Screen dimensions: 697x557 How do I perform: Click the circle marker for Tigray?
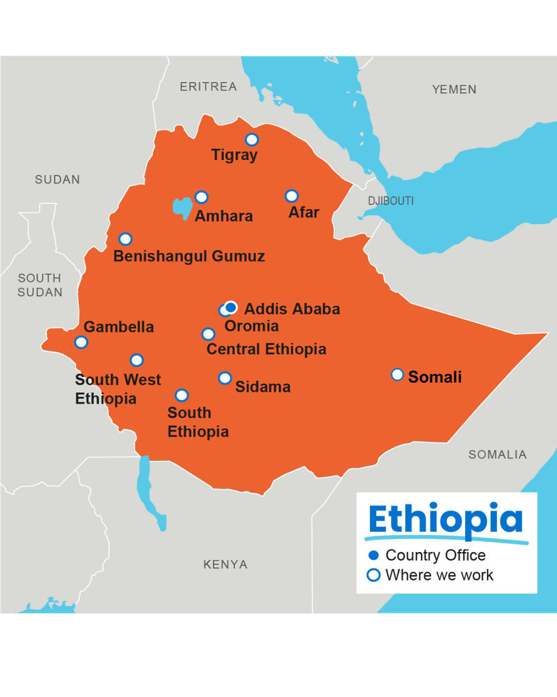click(x=252, y=140)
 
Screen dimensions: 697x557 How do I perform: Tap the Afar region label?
click(x=303, y=212)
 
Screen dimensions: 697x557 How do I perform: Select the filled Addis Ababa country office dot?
click(x=231, y=306)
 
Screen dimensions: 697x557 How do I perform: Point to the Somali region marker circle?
click(x=397, y=374)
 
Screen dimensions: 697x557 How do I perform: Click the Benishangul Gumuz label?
click(x=188, y=257)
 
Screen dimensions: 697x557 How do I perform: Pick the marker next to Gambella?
click(x=81, y=342)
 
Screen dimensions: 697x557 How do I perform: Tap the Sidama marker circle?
click(x=224, y=378)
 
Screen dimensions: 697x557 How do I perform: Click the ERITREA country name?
click(x=208, y=86)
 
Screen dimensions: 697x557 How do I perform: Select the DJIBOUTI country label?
click(x=390, y=201)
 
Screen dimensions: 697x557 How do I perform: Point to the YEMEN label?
click(x=454, y=89)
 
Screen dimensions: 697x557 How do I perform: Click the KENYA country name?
click(x=225, y=564)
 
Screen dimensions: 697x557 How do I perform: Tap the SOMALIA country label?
click(x=497, y=455)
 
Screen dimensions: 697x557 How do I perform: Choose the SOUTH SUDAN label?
click(x=39, y=285)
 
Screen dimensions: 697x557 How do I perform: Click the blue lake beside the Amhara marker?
click(x=182, y=207)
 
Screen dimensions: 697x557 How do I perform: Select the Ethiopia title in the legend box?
click(x=445, y=520)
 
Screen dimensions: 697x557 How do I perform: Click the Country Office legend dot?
click(x=373, y=555)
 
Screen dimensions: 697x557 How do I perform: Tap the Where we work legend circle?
click(x=373, y=575)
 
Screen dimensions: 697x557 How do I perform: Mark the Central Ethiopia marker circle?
click(x=208, y=334)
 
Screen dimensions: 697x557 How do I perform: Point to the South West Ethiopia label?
click(x=117, y=389)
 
